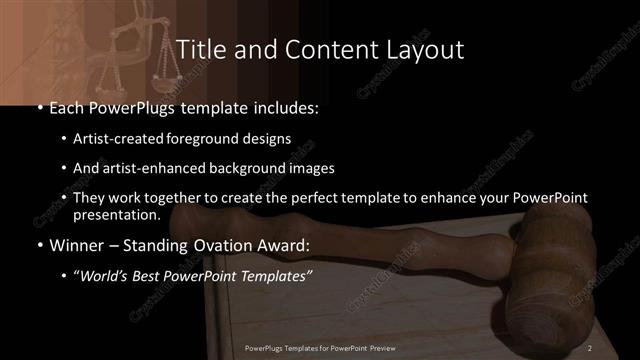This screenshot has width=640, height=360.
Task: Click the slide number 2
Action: (x=590, y=347)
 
